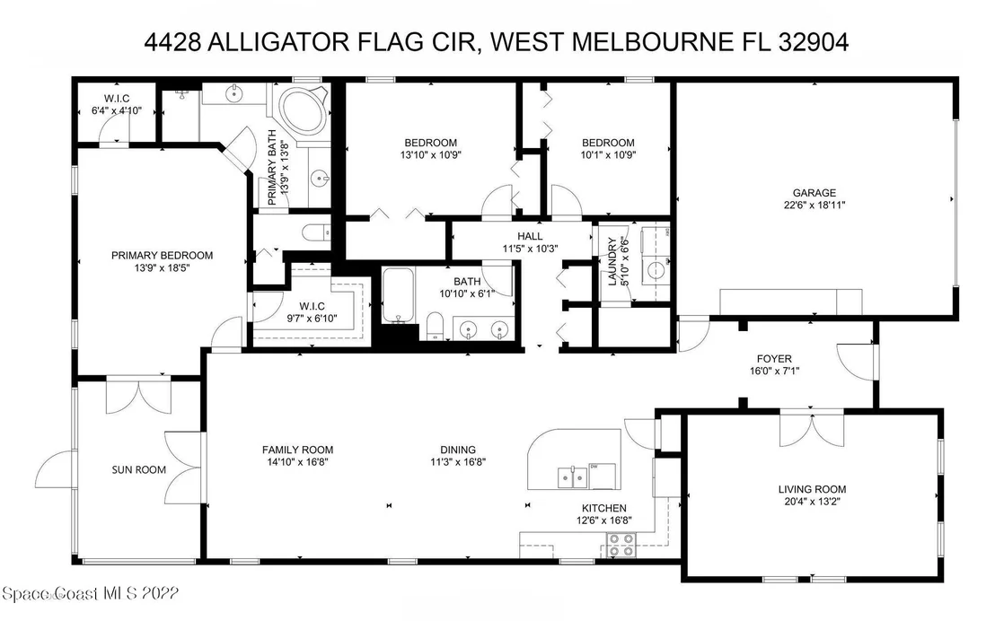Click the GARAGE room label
pyautogui.click(x=814, y=193)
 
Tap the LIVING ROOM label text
pyautogui.click(x=812, y=489)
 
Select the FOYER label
pyautogui.click(x=774, y=359)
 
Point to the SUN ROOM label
pyautogui.click(x=139, y=470)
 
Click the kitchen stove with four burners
pyautogui.click(x=621, y=544)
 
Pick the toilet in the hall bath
pyautogui.click(x=435, y=326)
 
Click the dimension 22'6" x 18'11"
pyautogui.click(x=814, y=205)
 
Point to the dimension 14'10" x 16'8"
pyautogui.click(x=297, y=462)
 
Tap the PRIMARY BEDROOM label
pyautogui.click(x=162, y=256)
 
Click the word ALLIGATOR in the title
pyautogui.click(x=278, y=42)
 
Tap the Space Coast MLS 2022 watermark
pyautogui.click(x=91, y=594)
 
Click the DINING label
pyautogui.click(x=458, y=450)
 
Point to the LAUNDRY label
pyautogui.click(x=612, y=261)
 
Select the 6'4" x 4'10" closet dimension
pyautogui.click(x=117, y=110)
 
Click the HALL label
pyautogui.click(x=530, y=237)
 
